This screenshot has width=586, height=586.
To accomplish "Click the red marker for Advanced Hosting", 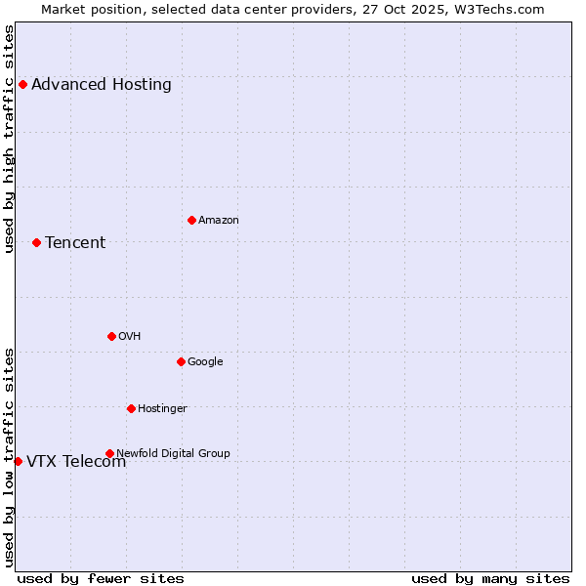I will (x=22, y=84).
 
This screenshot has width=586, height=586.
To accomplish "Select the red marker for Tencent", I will (x=36, y=242).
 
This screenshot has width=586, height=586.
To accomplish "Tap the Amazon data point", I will (x=191, y=220).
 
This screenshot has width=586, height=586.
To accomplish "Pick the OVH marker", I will (x=111, y=336).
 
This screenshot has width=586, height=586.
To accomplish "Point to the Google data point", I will (x=181, y=361).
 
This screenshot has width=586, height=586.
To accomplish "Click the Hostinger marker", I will (x=131, y=408).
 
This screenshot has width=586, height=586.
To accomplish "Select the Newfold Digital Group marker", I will (x=109, y=453).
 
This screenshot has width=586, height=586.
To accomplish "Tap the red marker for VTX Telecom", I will (x=18, y=461).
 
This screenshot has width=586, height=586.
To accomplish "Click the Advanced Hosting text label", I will (x=102, y=84).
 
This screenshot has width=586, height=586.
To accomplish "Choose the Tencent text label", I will (x=75, y=242).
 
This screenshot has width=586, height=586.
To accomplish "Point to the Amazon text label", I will (x=219, y=220).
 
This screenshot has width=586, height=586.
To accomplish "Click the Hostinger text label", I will (x=162, y=408).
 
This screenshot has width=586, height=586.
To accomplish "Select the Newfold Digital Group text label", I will (x=173, y=453).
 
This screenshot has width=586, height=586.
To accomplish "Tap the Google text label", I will (x=205, y=361).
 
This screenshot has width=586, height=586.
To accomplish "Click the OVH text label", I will (x=130, y=336).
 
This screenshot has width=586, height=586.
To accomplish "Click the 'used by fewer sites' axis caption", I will (x=101, y=578).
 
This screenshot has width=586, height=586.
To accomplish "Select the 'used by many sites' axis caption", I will (x=490, y=578).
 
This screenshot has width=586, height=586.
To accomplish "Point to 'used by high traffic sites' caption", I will (x=10, y=139).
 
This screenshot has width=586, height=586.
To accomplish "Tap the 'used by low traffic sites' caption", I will (x=10, y=456).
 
